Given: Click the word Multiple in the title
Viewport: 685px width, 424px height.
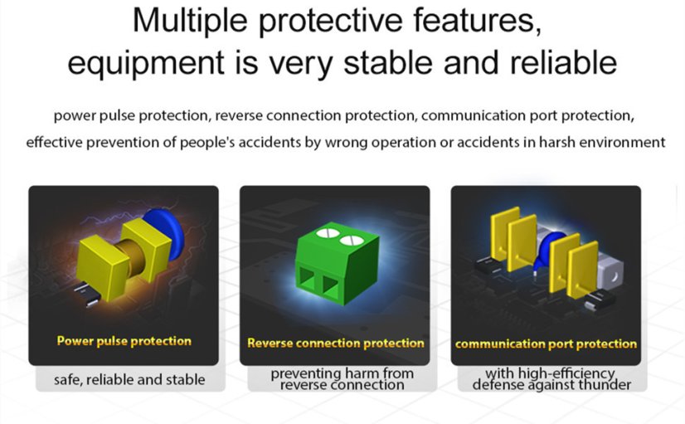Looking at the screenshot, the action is click(190, 21).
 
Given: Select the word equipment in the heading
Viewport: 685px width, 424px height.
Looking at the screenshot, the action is click(146, 64).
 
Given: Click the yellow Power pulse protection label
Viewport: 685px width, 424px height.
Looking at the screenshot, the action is click(124, 341).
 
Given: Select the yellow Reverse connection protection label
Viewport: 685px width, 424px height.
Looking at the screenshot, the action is click(336, 344).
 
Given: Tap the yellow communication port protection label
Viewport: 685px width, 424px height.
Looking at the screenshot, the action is click(546, 344).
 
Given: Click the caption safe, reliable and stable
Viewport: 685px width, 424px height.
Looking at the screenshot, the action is click(129, 379).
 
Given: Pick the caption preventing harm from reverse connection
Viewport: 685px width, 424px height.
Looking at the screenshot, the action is click(342, 379).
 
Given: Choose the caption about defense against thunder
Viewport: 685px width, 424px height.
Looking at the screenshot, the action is click(551, 379).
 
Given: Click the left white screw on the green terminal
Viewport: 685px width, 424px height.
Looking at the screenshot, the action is click(327, 233).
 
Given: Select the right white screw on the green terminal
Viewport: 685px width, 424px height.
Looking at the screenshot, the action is click(351, 241).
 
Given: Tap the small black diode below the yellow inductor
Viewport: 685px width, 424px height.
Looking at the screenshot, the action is click(87, 294).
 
